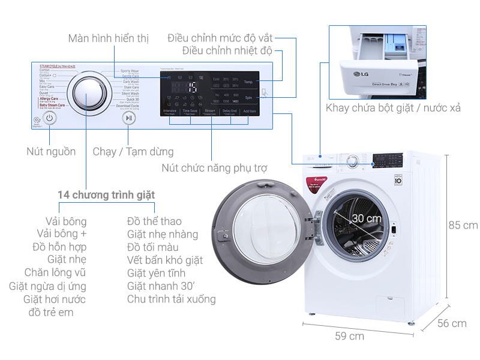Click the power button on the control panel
(x=49, y=118)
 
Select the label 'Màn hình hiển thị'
(x=108, y=38)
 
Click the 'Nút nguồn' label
(x=51, y=151)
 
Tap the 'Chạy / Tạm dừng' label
(x=133, y=152)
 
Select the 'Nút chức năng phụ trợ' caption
(x=214, y=167)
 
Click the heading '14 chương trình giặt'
(x=106, y=195)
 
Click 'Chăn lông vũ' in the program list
(x=55, y=273)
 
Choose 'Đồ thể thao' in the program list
(x=154, y=221)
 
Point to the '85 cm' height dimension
(x=463, y=226)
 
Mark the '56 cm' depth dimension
(x=451, y=323)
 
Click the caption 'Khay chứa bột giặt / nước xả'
(x=393, y=108)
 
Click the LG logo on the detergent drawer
(x=362, y=74)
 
